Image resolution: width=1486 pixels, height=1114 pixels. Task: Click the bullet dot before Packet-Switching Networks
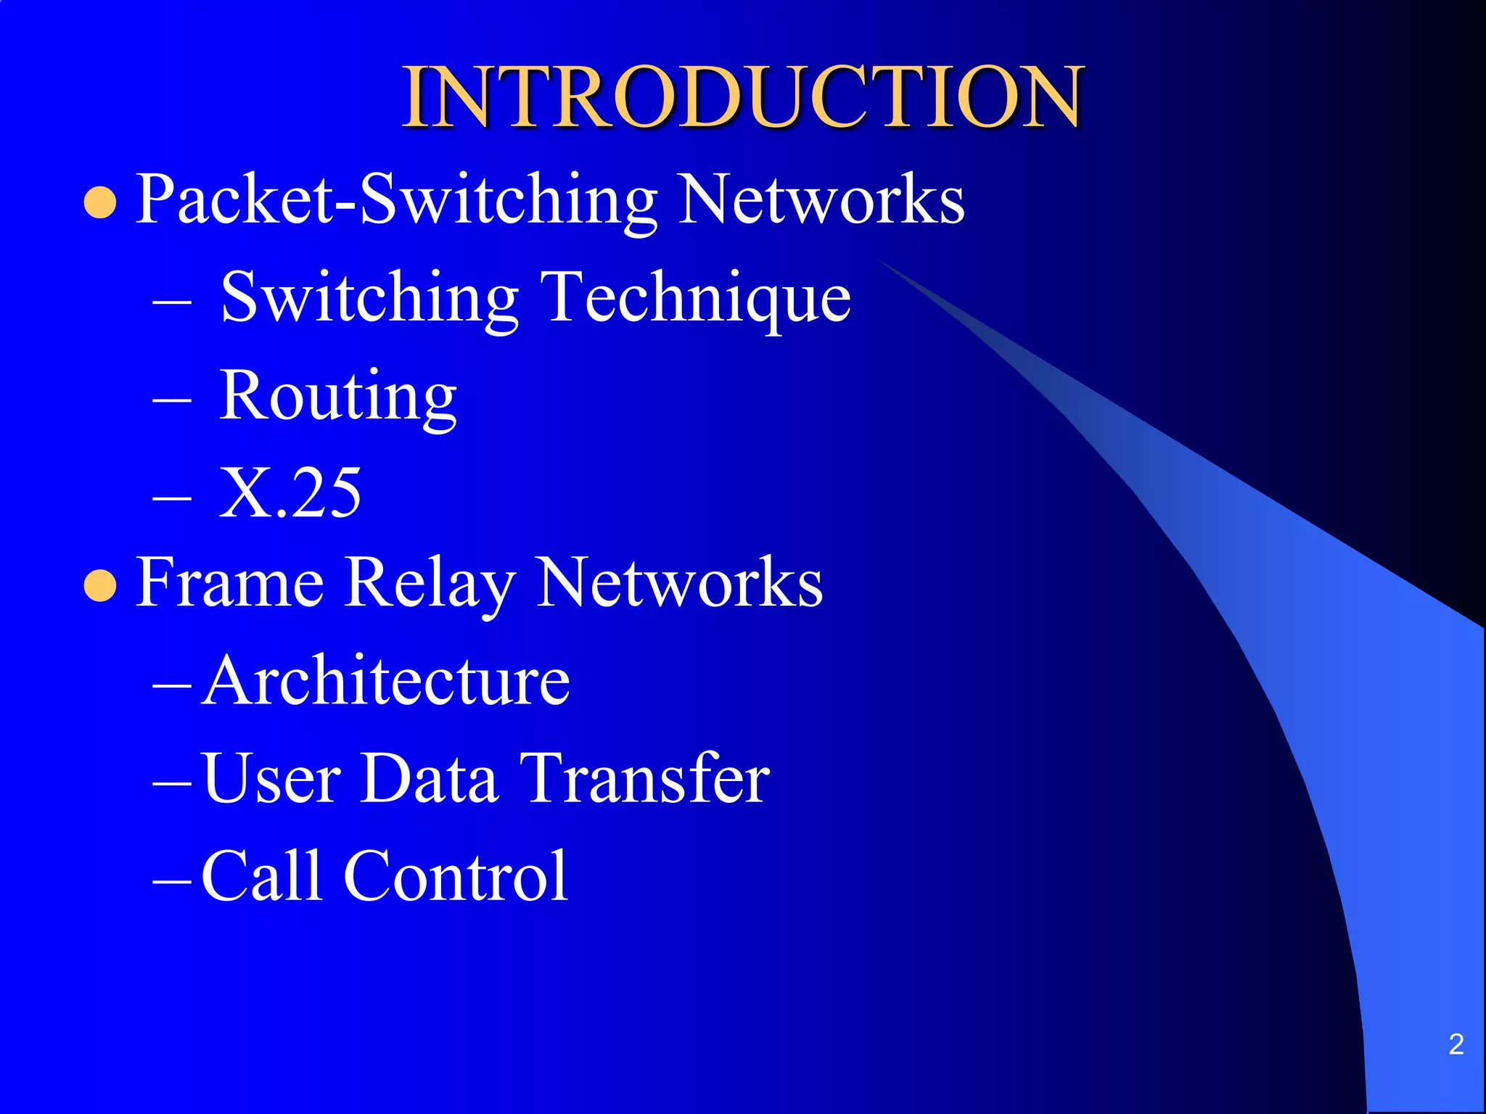click(100, 202)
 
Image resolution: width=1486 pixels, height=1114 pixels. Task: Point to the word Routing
click(338, 396)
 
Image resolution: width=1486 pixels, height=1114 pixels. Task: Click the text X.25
click(290, 493)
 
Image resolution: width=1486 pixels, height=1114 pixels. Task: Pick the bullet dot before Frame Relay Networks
click(100, 586)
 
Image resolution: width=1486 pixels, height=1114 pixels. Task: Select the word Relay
click(429, 585)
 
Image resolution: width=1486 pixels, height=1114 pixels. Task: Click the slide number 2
click(1456, 1044)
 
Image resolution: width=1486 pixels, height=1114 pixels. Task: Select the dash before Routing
click(173, 400)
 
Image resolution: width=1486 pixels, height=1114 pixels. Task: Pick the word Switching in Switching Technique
click(369, 297)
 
